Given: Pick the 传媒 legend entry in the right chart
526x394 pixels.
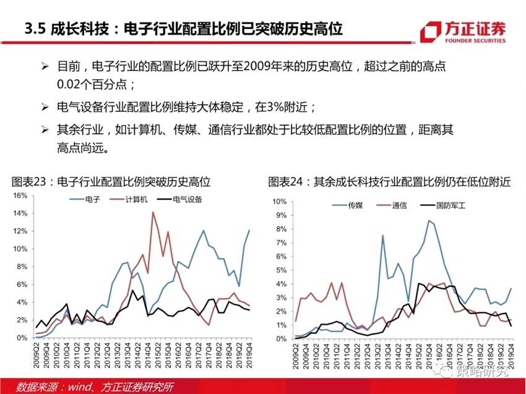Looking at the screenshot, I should [353, 205].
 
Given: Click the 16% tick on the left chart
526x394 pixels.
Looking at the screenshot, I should [20, 196].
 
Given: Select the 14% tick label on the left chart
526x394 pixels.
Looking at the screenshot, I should [20, 214].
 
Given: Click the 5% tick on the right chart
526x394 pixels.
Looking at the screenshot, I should [280, 270].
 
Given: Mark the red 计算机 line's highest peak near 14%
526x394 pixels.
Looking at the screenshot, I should [153, 212].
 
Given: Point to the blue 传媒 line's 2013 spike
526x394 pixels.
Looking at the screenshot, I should [382, 235].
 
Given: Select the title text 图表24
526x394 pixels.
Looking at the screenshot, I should [287, 182].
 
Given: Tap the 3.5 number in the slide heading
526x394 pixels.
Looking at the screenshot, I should [32, 29].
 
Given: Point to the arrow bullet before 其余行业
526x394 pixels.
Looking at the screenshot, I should [45, 130].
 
